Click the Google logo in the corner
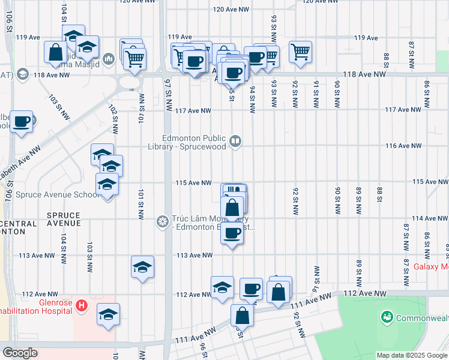click(20, 353)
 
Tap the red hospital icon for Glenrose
click(83, 307)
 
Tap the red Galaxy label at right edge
click(431, 266)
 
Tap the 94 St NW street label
click(253, 100)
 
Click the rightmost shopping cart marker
click(300, 51)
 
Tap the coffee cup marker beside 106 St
click(22, 122)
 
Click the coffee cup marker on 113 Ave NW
click(232, 233)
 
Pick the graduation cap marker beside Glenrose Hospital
click(108, 314)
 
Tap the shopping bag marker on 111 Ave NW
click(241, 316)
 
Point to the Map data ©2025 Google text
click(411, 355)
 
